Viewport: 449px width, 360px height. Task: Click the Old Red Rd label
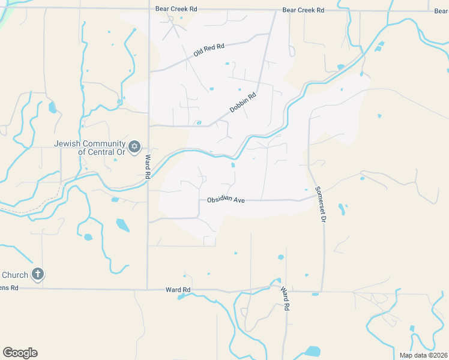(x=209, y=50)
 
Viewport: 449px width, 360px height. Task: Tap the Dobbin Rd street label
(x=243, y=103)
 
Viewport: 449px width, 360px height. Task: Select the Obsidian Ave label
(x=226, y=200)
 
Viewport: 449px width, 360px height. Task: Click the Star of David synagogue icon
(x=134, y=146)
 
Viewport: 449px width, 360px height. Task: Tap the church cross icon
(x=37, y=275)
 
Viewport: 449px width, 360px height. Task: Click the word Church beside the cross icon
(x=14, y=275)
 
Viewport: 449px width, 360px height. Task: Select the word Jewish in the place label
(x=67, y=144)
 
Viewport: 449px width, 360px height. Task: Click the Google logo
(x=20, y=353)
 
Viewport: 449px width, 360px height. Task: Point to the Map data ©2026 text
(x=422, y=355)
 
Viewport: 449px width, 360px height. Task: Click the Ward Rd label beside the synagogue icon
(x=147, y=167)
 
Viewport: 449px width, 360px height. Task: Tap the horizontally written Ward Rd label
(x=178, y=290)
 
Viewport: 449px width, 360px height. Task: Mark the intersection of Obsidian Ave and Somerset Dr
(x=312, y=199)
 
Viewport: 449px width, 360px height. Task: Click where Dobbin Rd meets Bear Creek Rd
(x=276, y=10)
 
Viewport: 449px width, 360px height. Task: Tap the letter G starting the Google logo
(x=8, y=352)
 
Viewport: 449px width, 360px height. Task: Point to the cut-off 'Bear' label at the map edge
(x=441, y=10)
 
